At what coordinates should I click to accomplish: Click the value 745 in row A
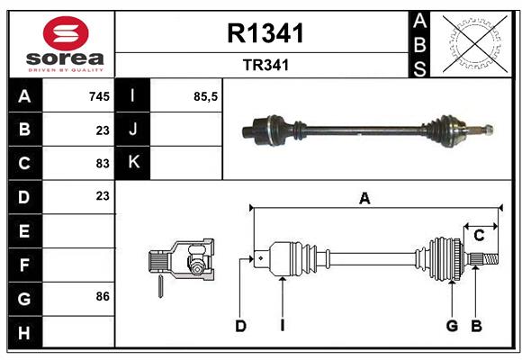(x=99, y=96)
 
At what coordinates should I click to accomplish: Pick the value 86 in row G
(x=103, y=296)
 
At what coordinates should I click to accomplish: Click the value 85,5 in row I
(x=206, y=96)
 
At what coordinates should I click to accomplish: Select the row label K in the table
(x=134, y=163)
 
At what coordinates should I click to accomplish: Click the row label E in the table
(x=24, y=230)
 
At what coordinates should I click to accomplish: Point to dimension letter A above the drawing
(x=364, y=199)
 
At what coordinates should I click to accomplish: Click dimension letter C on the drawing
(x=480, y=235)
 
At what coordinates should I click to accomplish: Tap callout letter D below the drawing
(x=240, y=326)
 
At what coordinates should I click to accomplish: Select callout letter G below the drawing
(x=452, y=326)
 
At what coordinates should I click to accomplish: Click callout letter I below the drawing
(x=282, y=326)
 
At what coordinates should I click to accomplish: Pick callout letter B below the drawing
(x=477, y=326)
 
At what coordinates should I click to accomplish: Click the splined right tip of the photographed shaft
(x=486, y=130)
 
